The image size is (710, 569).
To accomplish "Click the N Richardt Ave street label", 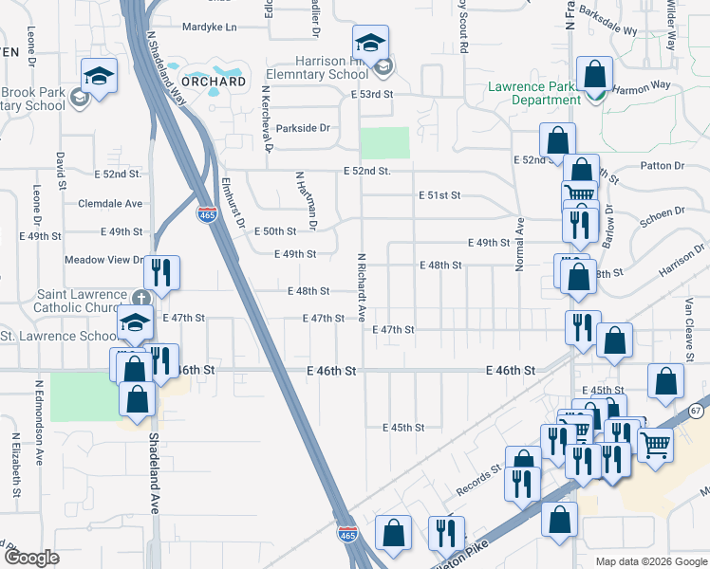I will [362, 287].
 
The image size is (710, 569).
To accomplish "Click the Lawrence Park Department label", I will [532, 93].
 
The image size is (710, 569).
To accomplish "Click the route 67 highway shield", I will [696, 410].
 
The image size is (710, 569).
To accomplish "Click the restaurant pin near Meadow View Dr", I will [161, 273].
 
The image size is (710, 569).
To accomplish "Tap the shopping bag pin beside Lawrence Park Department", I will [593, 74].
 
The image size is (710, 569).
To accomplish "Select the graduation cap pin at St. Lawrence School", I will [136, 323].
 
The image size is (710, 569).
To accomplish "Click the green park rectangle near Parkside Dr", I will [384, 142].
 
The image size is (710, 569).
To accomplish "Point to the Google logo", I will [30, 558].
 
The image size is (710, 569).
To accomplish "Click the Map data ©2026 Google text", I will [651, 561].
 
